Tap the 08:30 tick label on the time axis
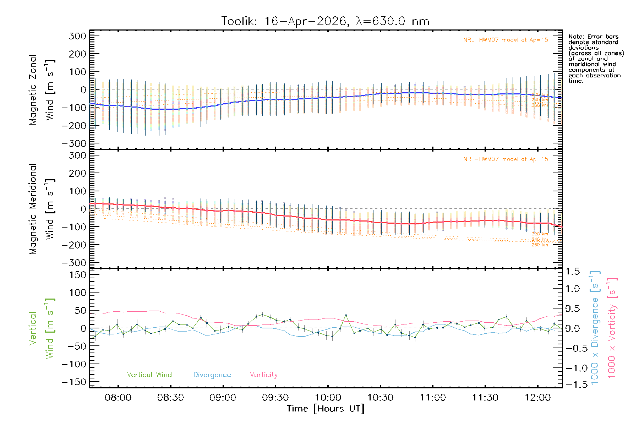coord(170,398)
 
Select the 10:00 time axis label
coord(328,398)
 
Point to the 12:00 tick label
coord(537,398)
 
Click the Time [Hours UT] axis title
coord(326,409)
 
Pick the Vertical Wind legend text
coord(149,375)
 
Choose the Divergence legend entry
coord(212,375)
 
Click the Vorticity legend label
coord(263,375)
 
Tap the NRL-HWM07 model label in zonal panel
coord(506,40)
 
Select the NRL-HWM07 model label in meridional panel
coord(506,159)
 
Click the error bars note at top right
coord(596,59)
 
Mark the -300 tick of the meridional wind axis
coord(74,263)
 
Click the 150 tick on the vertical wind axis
coord(78,275)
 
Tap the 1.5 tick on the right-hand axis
coord(573,272)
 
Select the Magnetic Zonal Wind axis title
coord(42,89)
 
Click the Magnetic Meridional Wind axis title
coord(42,209)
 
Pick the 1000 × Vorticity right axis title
coord(612,328)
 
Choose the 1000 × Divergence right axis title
coord(595,328)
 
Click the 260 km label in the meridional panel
coord(540,245)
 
